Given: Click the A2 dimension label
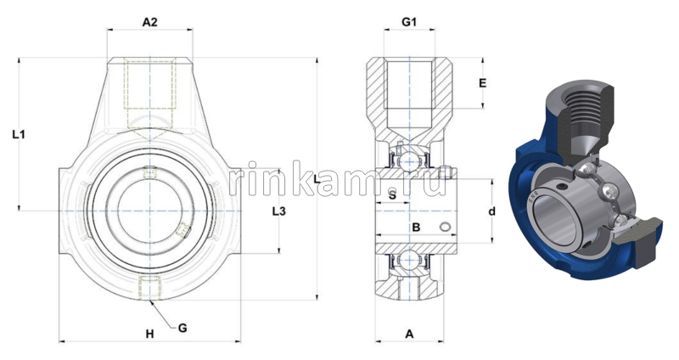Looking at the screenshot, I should click(149, 23).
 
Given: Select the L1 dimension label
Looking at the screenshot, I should click(20, 134).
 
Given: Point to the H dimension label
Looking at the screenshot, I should click(149, 334).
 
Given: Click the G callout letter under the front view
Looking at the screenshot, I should click(182, 327).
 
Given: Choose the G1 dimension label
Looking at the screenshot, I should click(408, 23).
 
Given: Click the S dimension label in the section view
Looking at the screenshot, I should click(391, 195).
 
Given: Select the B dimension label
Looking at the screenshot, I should click(416, 227).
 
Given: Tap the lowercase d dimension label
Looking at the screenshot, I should click(491, 211).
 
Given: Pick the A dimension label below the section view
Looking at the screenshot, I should click(409, 334).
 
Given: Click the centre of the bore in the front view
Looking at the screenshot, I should click(149, 209).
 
